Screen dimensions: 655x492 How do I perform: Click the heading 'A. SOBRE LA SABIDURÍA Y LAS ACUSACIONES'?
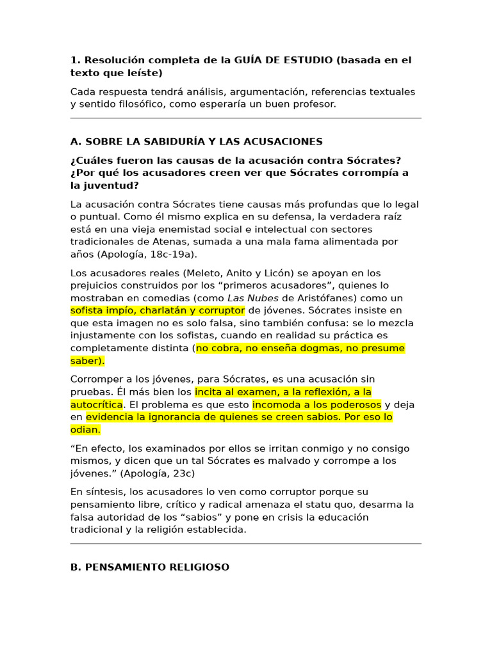click(196, 141)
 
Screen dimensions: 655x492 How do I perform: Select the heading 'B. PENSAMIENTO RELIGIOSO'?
click(150, 567)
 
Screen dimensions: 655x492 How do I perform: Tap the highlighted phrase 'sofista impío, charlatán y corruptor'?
click(158, 311)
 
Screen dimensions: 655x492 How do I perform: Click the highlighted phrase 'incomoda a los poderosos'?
click(317, 404)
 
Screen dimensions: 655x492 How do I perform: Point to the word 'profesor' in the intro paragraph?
click(314, 104)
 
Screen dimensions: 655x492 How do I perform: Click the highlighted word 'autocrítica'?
click(96, 404)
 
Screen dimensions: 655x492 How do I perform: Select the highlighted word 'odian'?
click(85, 429)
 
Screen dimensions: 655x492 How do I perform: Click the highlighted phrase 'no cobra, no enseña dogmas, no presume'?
click(300, 348)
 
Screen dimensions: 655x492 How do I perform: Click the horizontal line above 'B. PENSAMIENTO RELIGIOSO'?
click(246, 543)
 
